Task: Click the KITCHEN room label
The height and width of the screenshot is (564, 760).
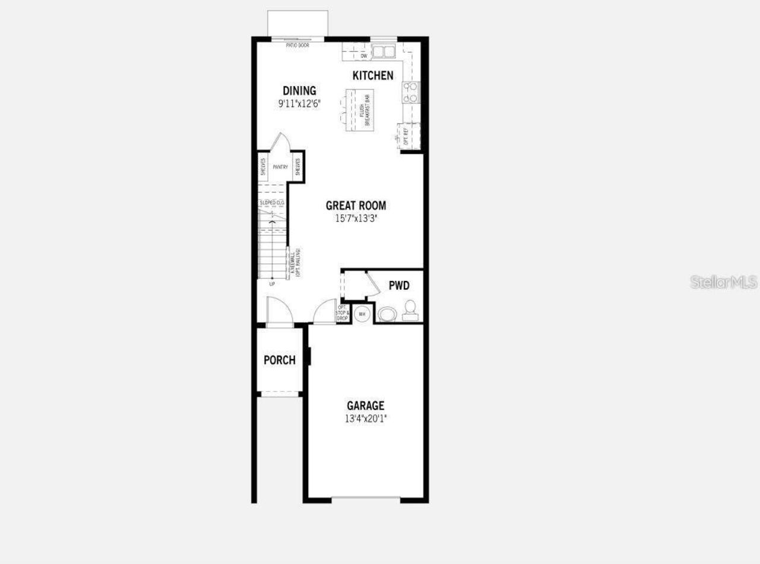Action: tap(373, 75)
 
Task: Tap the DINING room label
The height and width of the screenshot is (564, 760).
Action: tap(299, 91)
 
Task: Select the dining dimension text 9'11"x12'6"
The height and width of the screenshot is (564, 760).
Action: tap(299, 103)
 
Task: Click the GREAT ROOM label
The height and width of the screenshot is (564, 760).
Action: tap(356, 206)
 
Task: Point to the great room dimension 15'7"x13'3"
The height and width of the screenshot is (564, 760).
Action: tap(356, 218)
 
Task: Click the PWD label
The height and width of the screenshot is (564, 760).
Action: tap(399, 286)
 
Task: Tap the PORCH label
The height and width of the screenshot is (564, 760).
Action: tap(280, 360)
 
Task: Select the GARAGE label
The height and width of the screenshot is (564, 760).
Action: tap(365, 406)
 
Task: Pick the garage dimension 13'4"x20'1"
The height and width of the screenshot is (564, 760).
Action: tap(366, 418)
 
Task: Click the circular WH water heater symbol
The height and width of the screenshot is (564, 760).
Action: tap(362, 313)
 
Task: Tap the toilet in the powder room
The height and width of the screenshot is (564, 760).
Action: tap(410, 310)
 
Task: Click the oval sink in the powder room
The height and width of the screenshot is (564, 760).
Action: tap(387, 314)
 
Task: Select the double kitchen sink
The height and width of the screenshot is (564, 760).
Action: tap(384, 52)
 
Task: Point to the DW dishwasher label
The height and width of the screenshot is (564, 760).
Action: tap(363, 56)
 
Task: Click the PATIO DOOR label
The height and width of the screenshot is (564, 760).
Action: tap(297, 45)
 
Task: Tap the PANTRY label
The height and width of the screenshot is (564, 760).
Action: tap(280, 167)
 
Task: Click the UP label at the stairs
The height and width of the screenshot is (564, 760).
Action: tap(272, 284)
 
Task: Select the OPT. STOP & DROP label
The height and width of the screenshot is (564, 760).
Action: tap(343, 313)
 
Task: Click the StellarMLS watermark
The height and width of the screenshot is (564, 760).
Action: tap(724, 282)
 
